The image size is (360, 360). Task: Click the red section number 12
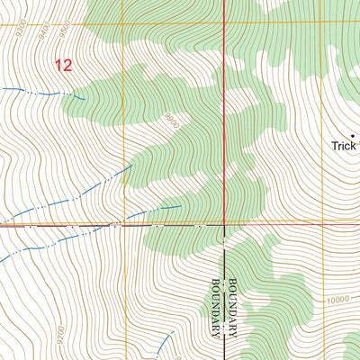point(62,65)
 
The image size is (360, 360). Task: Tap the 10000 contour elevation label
point(337,300)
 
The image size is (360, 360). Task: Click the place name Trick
point(343,145)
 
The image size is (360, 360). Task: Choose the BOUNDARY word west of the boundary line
point(215,305)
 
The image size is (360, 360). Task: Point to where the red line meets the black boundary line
point(223,224)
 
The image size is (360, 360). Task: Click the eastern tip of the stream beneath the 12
point(85,97)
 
